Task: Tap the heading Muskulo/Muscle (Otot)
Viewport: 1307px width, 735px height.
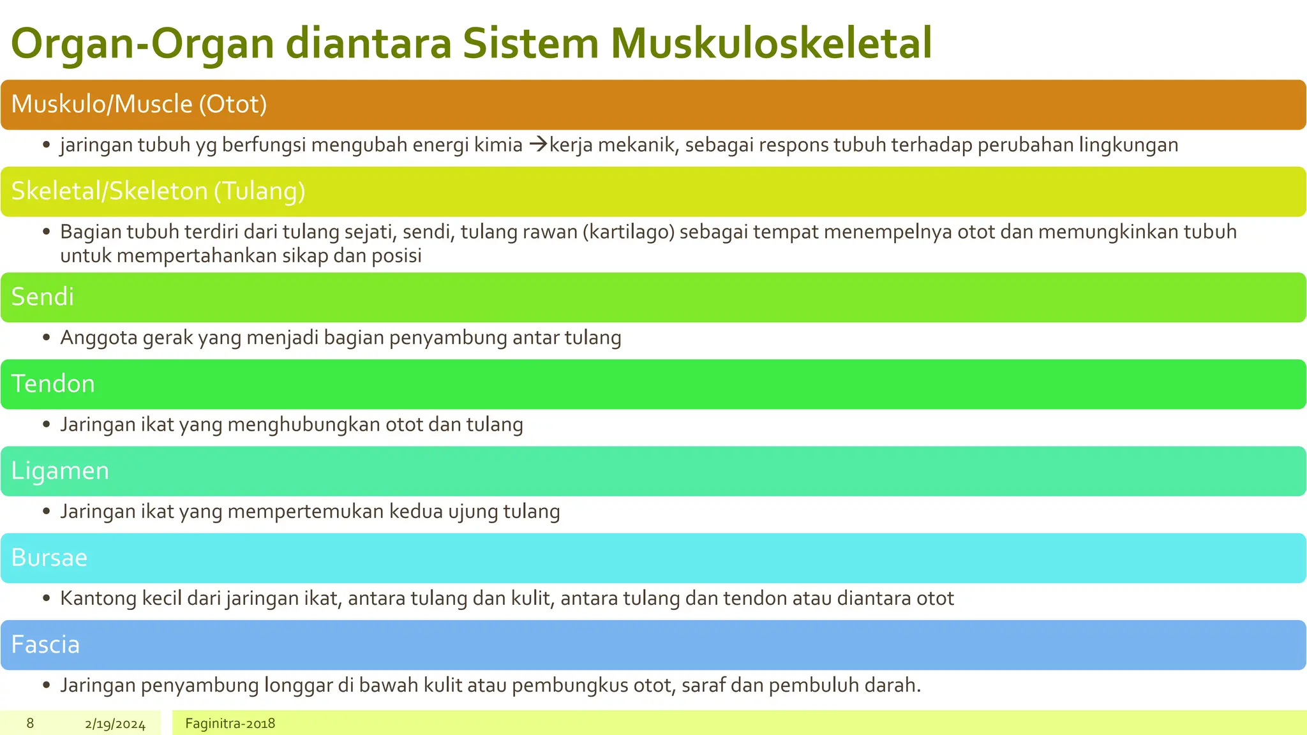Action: [139, 104]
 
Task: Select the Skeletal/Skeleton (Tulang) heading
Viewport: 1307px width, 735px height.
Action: [158, 191]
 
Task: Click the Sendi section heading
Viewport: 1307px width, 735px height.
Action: [43, 297]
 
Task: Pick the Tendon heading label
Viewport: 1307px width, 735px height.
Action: [53, 383]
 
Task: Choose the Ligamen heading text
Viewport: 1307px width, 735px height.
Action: [60, 471]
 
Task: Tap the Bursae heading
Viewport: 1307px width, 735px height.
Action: [49, 558]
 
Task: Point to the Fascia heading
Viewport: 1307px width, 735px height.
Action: [45, 644]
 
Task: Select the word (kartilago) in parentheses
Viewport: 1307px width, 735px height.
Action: [629, 232]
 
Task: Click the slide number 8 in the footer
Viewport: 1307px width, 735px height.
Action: [30, 724]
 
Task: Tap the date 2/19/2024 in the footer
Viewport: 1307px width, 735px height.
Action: [115, 724]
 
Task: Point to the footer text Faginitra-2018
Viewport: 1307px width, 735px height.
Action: [230, 724]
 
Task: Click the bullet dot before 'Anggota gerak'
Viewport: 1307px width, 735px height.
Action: [46, 338]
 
